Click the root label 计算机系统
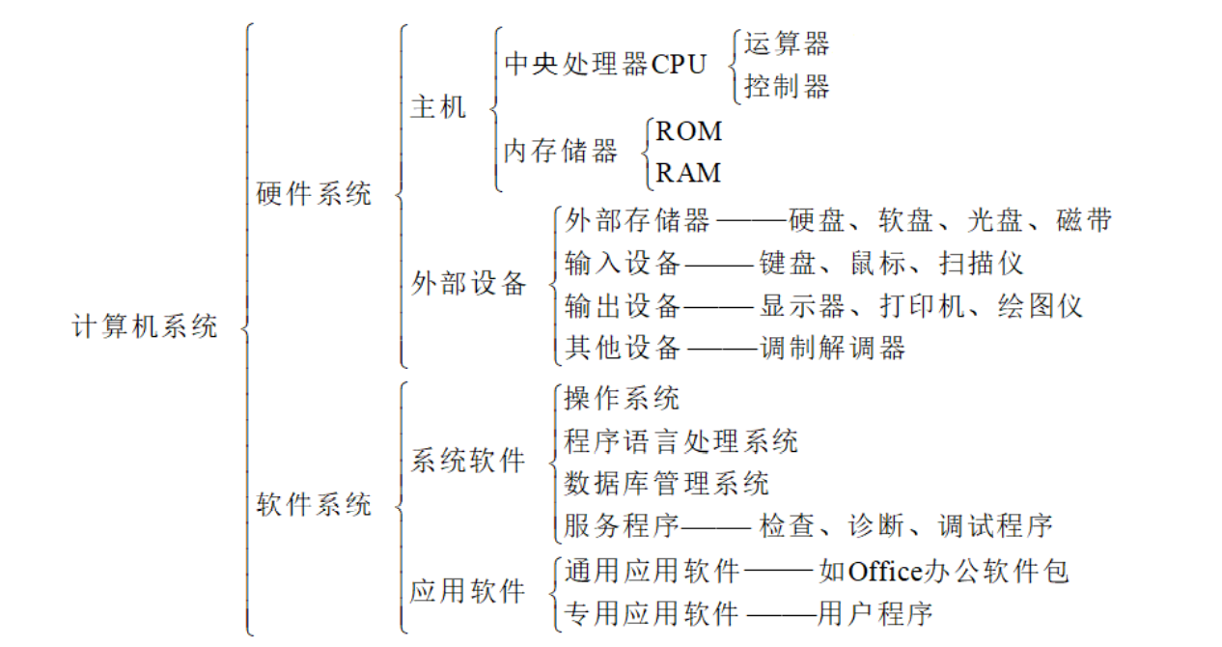pyautogui.click(x=145, y=326)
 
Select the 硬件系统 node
pyautogui.click(x=314, y=193)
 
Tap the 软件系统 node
pyautogui.click(x=314, y=504)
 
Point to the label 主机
pyautogui.click(x=438, y=106)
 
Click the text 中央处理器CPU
pyautogui.click(x=605, y=64)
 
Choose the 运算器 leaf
pyautogui.click(x=787, y=43)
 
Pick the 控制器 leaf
pyautogui.click(x=787, y=87)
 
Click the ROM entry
pyautogui.click(x=688, y=130)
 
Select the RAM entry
pyautogui.click(x=688, y=174)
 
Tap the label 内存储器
pyautogui.click(x=561, y=152)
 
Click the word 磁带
pyautogui.click(x=1084, y=220)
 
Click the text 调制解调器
pyautogui.click(x=833, y=349)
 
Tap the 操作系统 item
pyautogui.click(x=622, y=398)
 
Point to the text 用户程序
pyautogui.click(x=875, y=613)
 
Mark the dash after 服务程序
pyautogui.click(x=715, y=527)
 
